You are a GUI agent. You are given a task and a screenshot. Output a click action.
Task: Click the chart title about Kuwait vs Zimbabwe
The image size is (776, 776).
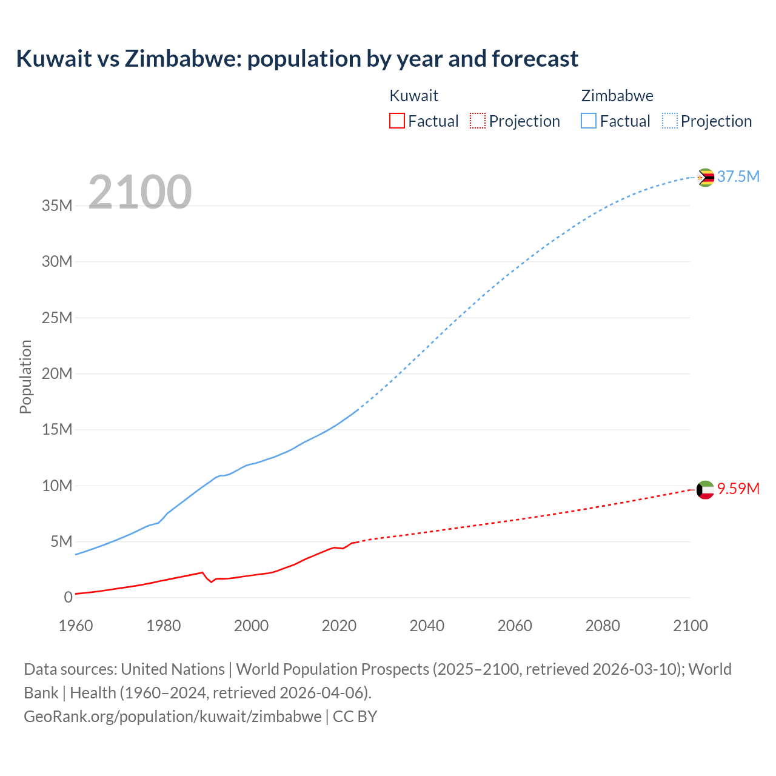[297, 59]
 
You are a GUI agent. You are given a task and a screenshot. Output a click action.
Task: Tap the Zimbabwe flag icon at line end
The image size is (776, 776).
[705, 178]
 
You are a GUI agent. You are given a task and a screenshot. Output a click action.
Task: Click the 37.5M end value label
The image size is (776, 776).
[738, 176]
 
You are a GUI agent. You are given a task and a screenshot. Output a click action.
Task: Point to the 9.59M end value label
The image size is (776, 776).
[738, 489]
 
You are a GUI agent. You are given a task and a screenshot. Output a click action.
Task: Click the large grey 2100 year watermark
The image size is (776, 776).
[139, 192]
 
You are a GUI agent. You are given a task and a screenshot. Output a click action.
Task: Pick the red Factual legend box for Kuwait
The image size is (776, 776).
[397, 121]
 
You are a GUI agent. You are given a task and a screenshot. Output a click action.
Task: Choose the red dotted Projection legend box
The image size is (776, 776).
[478, 121]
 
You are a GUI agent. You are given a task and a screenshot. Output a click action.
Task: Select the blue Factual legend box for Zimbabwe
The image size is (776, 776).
[589, 121]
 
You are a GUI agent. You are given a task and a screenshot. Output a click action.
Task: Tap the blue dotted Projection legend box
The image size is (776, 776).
[670, 121]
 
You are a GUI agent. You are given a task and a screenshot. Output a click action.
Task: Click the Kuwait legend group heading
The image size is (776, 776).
[413, 96]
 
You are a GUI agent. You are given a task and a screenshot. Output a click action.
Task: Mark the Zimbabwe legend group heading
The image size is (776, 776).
[617, 96]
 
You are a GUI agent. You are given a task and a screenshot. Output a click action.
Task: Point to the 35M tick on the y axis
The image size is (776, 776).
[57, 206]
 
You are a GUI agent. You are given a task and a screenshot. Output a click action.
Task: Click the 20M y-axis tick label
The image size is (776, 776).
[57, 373]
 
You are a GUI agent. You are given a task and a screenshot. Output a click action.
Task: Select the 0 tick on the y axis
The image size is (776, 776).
[68, 597]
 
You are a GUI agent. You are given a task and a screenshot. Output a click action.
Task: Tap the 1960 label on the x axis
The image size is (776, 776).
[76, 626]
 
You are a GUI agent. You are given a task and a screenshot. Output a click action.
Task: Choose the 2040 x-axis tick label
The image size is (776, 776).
[427, 626]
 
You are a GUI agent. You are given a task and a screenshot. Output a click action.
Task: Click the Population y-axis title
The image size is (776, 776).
[25, 376]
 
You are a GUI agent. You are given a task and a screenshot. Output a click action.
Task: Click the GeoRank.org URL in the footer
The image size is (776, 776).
[173, 716]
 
